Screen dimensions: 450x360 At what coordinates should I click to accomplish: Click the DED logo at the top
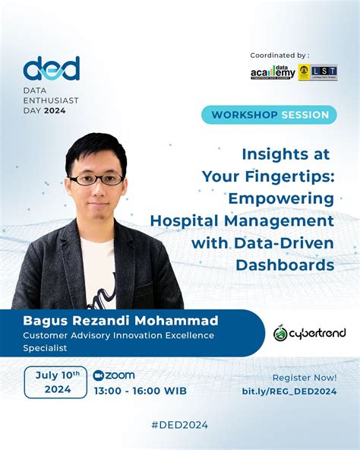[x=51, y=68]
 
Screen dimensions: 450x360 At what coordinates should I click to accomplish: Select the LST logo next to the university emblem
[x=324, y=72]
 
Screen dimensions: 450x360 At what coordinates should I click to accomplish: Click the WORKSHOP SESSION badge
[x=270, y=115]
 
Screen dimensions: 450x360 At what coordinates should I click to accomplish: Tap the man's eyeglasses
[x=96, y=179]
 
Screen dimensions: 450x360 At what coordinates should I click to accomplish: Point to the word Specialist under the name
[x=46, y=347]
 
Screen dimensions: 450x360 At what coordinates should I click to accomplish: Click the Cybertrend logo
[x=309, y=333]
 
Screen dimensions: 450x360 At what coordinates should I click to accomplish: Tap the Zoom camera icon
[x=98, y=376]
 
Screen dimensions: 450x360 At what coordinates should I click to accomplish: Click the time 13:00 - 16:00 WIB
[x=140, y=391]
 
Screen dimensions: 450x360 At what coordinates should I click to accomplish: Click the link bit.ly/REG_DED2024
[x=289, y=391]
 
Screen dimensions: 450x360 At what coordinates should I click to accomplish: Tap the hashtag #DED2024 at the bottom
[x=180, y=425]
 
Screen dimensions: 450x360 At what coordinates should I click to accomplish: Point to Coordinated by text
[x=279, y=55]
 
